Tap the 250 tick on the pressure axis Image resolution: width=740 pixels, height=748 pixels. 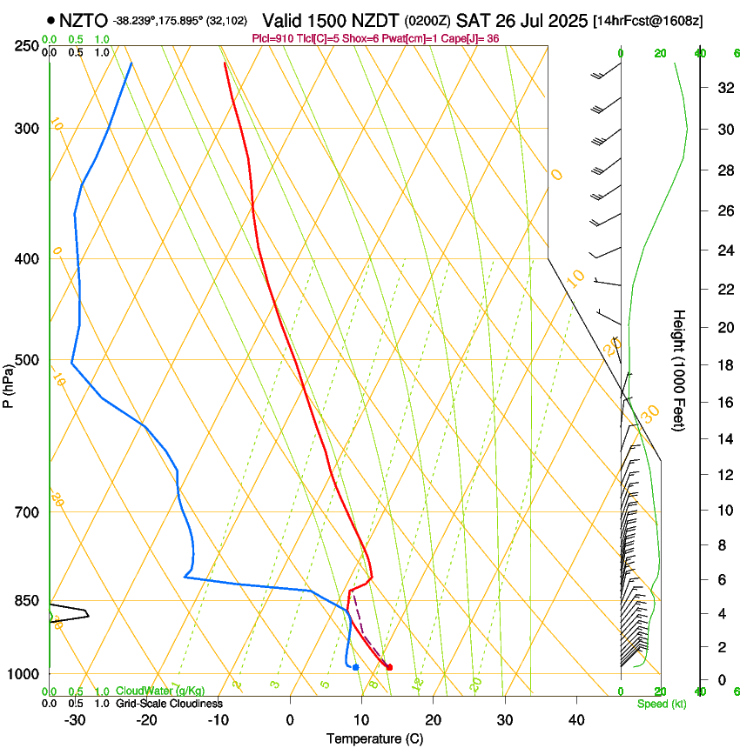[x=25, y=45]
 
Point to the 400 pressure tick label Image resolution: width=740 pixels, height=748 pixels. [x=25, y=259]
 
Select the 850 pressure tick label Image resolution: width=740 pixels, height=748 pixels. [x=25, y=601]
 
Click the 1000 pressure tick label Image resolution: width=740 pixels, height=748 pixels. [x=22, y=674]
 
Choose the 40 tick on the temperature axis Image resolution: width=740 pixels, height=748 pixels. [x=575, y=719]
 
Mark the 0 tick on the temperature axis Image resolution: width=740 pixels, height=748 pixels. [x=290, y=719]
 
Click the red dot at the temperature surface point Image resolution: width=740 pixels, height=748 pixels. [x=389, y=667]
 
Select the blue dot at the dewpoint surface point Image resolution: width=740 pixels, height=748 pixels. [x=356, y=667]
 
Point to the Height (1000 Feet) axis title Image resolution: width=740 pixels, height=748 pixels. [x=680, y=370]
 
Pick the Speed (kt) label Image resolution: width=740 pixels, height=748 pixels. [x=662, y=704]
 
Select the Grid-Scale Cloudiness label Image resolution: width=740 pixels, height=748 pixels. [x=169, y=703]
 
